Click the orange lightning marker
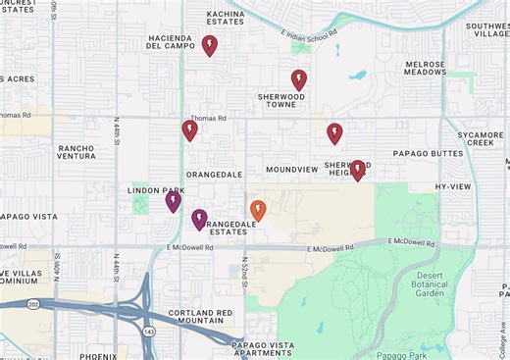coord(258,210)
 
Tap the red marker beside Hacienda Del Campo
coord(209,45)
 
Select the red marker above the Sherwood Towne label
coord(299,79)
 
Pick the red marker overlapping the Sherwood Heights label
coord(358,170)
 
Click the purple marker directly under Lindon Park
coord(173,201)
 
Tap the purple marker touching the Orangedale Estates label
coord(199,219)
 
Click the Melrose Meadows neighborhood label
coord(426,68)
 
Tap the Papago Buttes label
coord(428,154)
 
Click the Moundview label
coord(291,170)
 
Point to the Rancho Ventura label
coord(76,152)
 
